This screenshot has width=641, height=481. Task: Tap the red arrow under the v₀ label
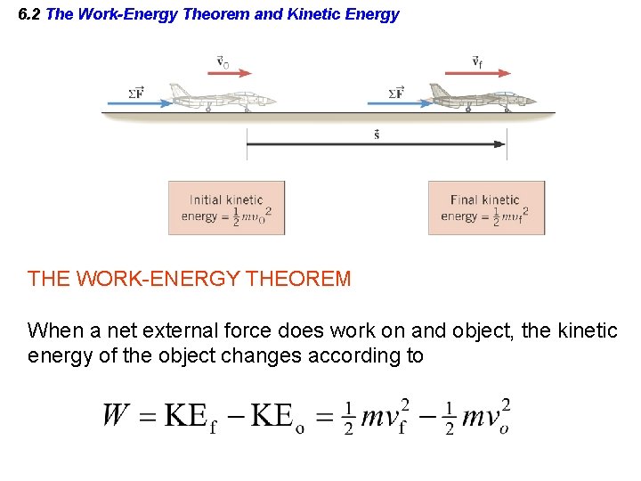pos(229,74)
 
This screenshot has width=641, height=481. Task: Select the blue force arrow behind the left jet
pos(139,103)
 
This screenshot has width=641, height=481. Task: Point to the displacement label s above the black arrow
pos(377,135)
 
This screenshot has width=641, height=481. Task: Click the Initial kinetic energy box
pos(227,208)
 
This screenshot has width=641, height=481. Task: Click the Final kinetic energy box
pos(486,208)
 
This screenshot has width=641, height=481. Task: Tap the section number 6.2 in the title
pos(29,14)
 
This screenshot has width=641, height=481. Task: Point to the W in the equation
pos(118,415)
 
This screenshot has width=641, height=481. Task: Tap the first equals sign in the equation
pos(149,416)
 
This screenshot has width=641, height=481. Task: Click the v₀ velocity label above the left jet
pos(223,62)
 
